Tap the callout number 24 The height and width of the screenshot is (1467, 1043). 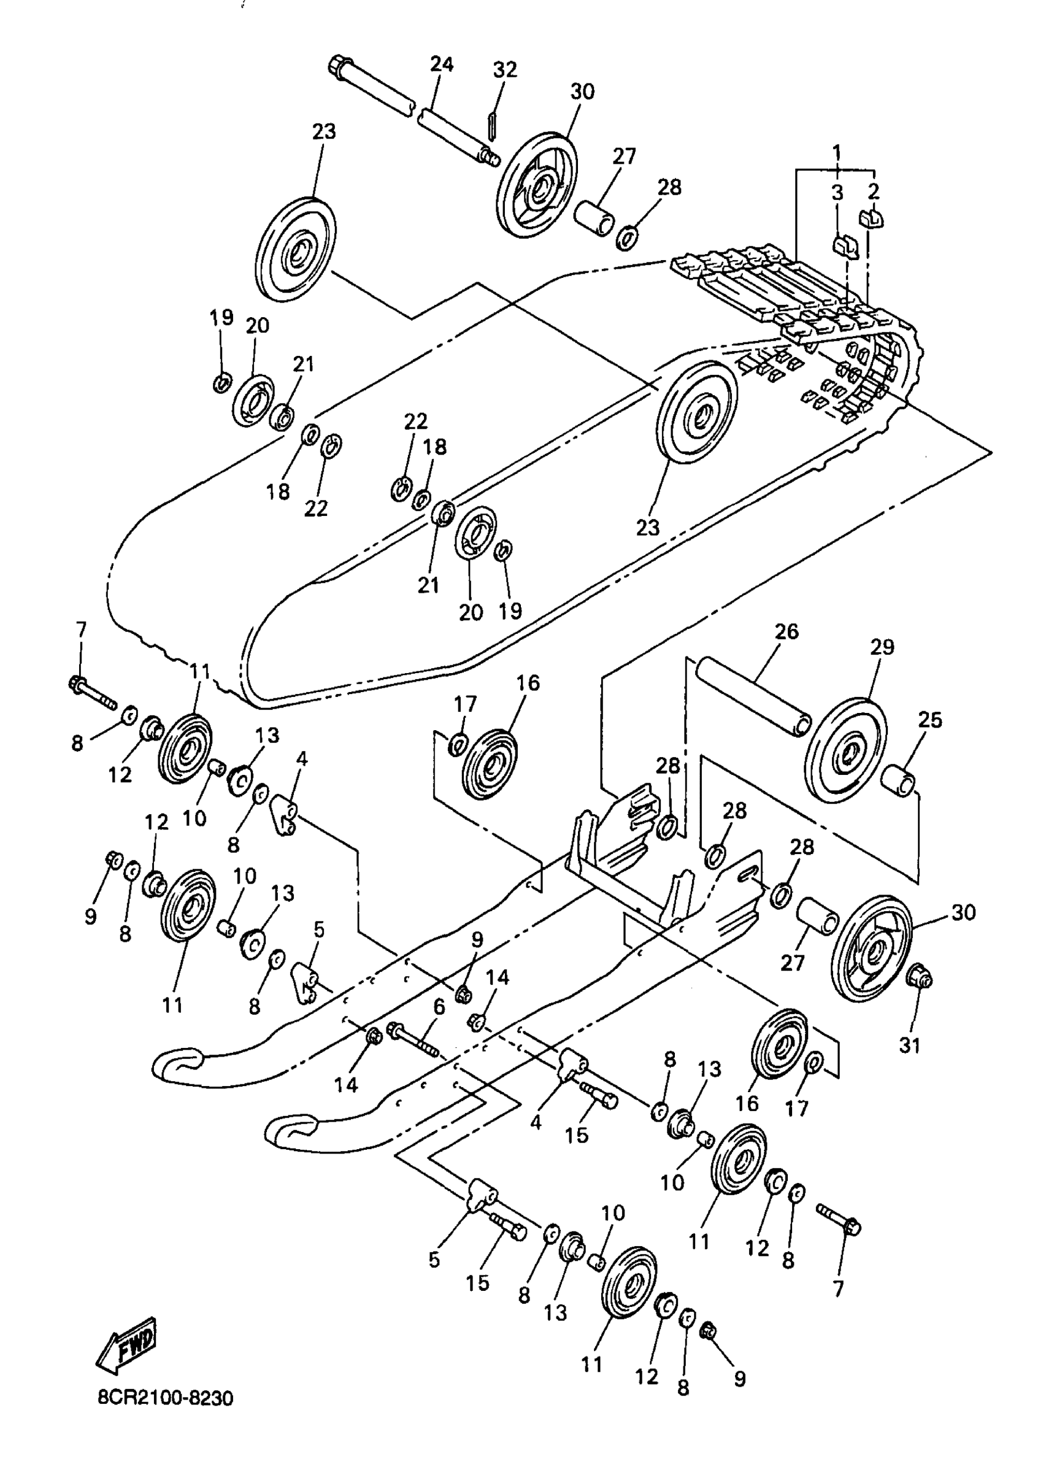[441, 64]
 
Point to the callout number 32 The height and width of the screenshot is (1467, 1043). [505, 69]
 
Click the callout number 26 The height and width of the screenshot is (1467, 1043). [785, 631]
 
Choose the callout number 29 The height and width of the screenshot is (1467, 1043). [882, 647]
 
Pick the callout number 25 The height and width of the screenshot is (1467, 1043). [930, 720]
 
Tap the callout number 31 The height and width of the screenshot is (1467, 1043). [909, 1045]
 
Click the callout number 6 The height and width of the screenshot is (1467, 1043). [439, 1006]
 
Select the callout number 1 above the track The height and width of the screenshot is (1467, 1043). [837, 153]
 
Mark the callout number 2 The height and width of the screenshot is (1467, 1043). [873, 191]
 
